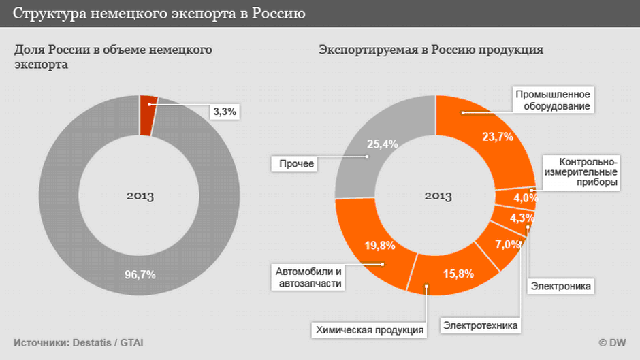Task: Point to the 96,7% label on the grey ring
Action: point(140,275)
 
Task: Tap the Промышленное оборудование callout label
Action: point(552,100)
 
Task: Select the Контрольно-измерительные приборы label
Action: point(581,172)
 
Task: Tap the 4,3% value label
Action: point(522,218)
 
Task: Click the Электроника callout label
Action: point(560,286)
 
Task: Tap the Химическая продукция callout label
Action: point(369,330)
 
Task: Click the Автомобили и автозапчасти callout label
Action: point(306,278)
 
